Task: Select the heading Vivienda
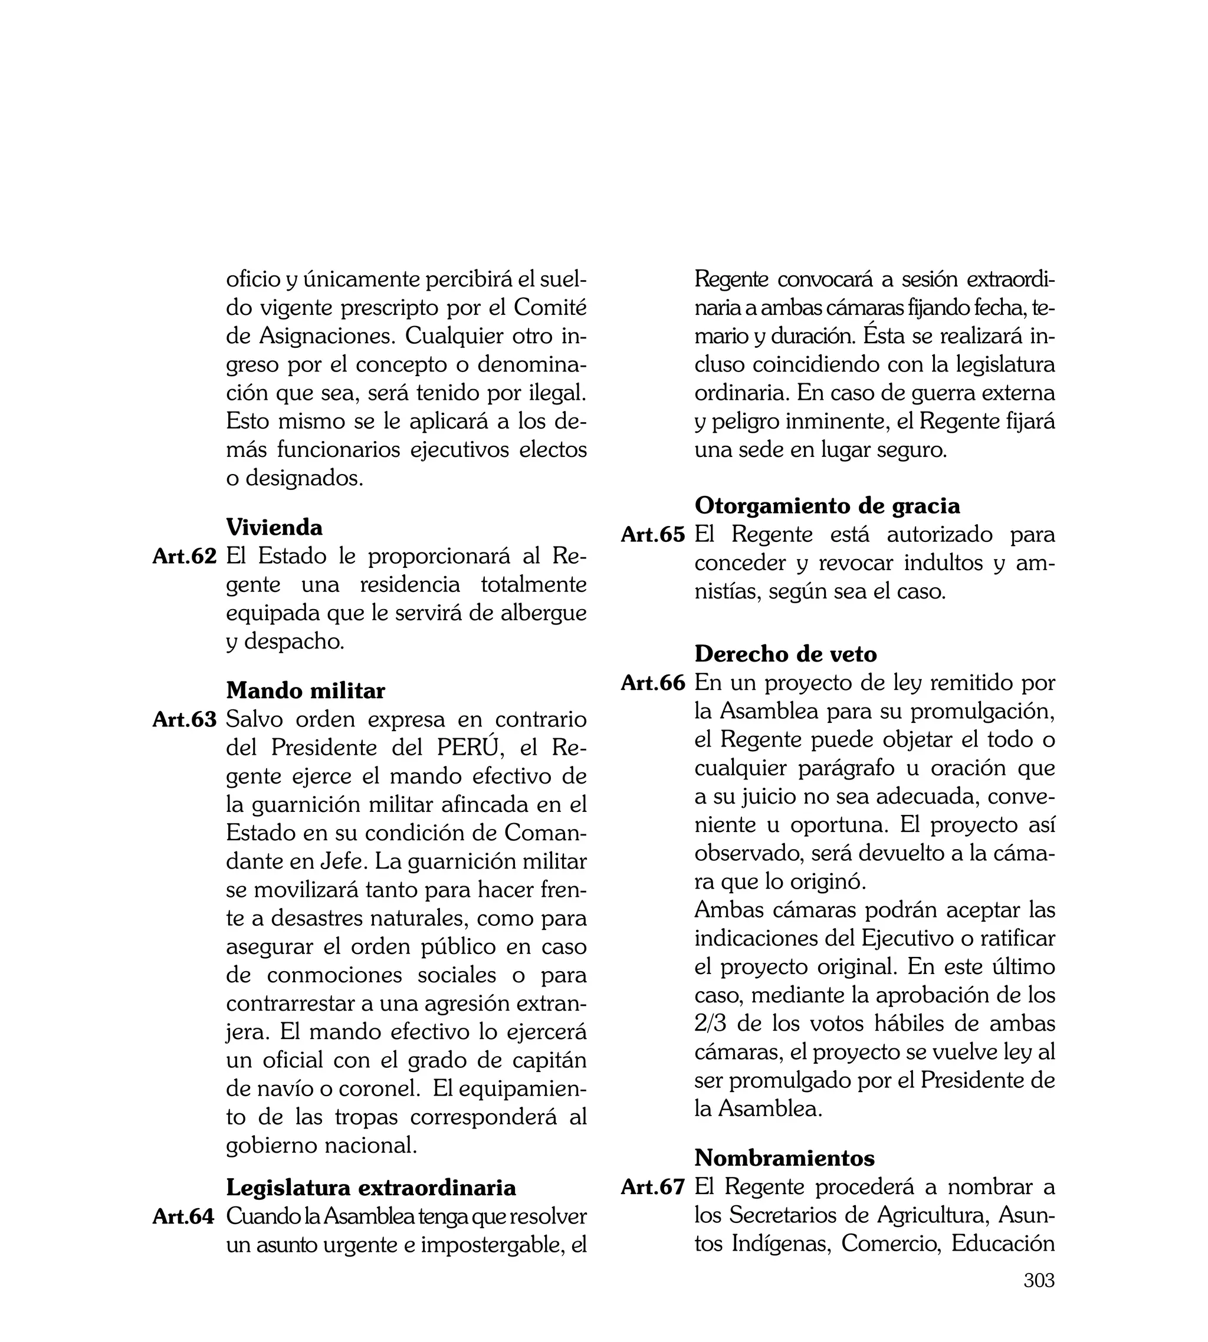pyautogui.click(x=274, y=527)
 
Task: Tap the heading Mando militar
pyautogui.click(x=306, y=690)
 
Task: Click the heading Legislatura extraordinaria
pyautogui.click(x=371, y=1187)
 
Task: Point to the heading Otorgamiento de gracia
pyautogui.click(x=827, y=505)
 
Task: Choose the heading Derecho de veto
pyautogui.click(x=785, y=654)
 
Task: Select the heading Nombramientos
pyautogui.click(x=784, y=1157)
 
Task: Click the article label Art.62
pyautogui.click(x=185, y=557)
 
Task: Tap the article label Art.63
pyautogui.click(x=185, y=720)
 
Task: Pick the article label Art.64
pyautogui.click(x=184, y=1216)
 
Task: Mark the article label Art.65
pyautogui.click(x=652, y=535)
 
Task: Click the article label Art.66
pyautogui.click(x=652, y=683)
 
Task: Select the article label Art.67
pyautogui.click(x=652, y=1188)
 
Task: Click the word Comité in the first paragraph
pyautogui.click(x=550, y=308)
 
